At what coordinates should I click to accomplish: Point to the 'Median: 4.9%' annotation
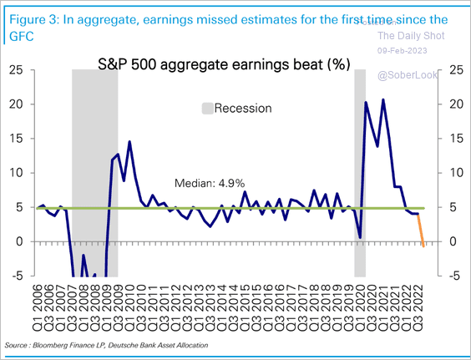[x=204, y=183]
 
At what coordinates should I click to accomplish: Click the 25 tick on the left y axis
[x=16, y=70]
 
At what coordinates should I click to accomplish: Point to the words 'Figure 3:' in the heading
[x=30, y=18]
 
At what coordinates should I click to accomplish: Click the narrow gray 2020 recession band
[x=360, y=167]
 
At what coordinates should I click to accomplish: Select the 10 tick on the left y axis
[x=16, y=173]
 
